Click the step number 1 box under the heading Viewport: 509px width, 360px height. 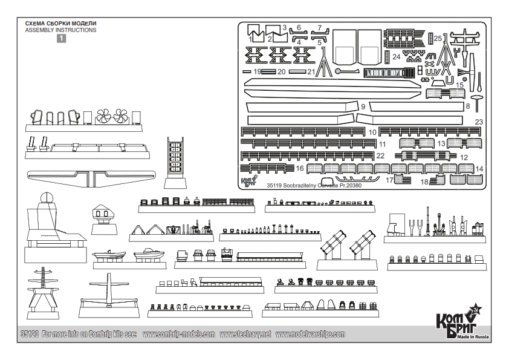(x=61, y=38)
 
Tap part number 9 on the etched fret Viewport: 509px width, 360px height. (x=363, y=106)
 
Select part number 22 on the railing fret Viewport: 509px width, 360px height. (x=380, y=155)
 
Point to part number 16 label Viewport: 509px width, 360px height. (x=299, y=168)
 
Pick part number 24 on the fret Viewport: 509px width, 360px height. (x=396, y=57)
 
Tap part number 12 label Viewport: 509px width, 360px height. (x=464, y=157)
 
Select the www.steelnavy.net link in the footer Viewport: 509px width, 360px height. (x=246, y=335)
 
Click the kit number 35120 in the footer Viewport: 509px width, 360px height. (x=28, y=335)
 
